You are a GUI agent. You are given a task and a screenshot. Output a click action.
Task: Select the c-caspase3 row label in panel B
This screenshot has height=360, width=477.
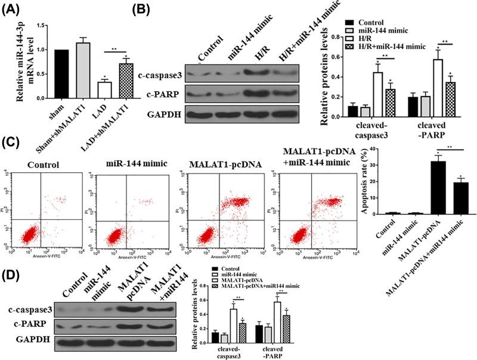163,75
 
